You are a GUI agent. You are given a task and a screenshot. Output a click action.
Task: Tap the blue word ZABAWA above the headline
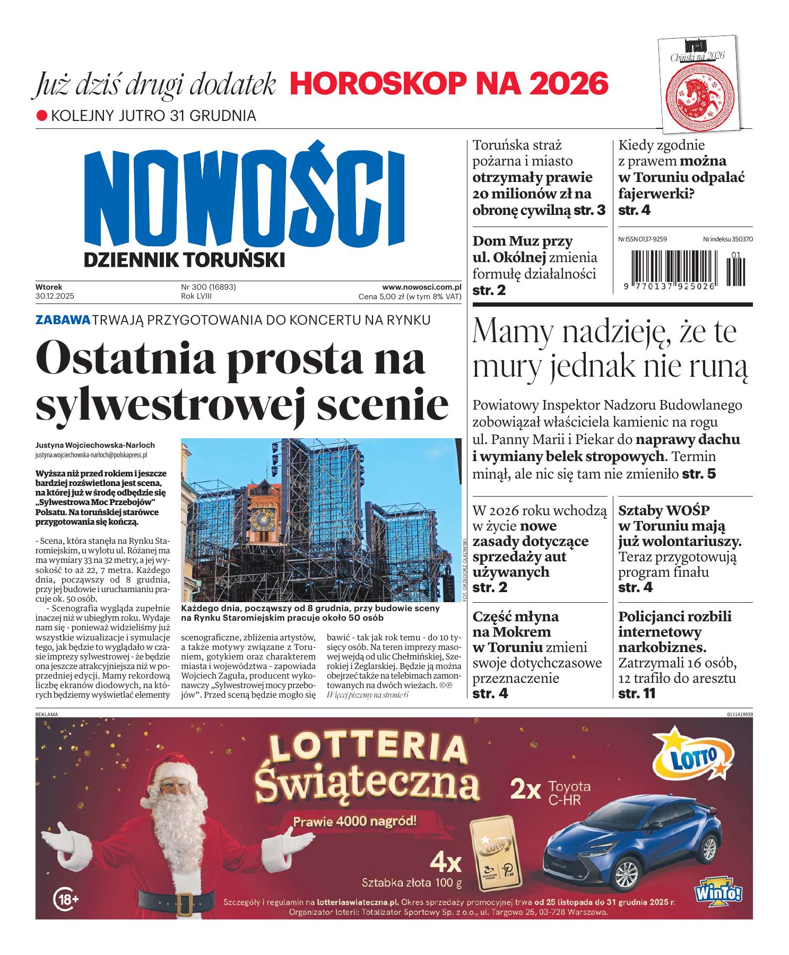(62, 320)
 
